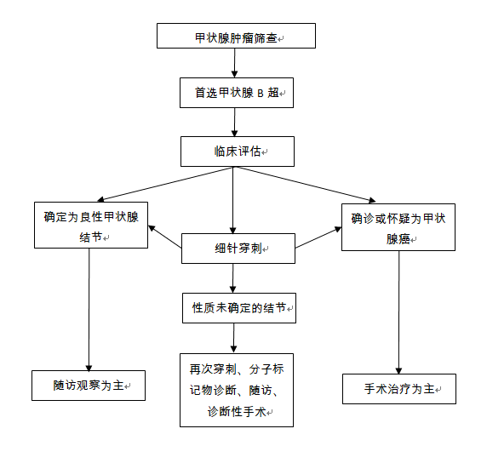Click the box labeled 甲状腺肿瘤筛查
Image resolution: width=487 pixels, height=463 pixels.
236,36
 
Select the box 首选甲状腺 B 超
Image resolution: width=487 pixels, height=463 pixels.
237,93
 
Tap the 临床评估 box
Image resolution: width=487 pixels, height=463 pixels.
238,151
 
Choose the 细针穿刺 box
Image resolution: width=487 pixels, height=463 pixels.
238,249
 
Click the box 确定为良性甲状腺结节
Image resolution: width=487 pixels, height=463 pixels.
91,226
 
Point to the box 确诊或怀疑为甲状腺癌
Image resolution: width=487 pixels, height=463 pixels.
398,227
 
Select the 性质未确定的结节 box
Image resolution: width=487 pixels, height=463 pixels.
239,308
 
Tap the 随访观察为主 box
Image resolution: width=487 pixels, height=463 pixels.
89,386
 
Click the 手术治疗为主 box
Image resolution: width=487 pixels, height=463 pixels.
399,389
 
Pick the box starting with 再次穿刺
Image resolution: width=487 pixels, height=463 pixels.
237,390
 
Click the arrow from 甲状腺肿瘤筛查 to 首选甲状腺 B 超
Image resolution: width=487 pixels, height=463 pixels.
234,63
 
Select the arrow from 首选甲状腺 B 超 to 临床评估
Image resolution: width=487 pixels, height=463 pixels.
234,122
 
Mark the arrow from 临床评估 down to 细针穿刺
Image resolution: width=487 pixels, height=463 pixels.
233,200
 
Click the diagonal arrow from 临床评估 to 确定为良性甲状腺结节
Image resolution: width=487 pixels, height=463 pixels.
165,184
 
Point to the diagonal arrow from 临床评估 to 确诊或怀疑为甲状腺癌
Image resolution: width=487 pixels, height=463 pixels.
305,185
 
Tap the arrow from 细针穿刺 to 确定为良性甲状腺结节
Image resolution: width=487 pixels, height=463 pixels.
165,237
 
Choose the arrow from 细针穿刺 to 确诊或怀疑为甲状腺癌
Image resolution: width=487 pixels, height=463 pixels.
318,237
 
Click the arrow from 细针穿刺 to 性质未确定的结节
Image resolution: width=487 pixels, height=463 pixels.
233,278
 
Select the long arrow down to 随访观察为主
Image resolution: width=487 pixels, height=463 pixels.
89,310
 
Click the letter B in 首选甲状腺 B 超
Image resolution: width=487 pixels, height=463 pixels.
261,93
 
